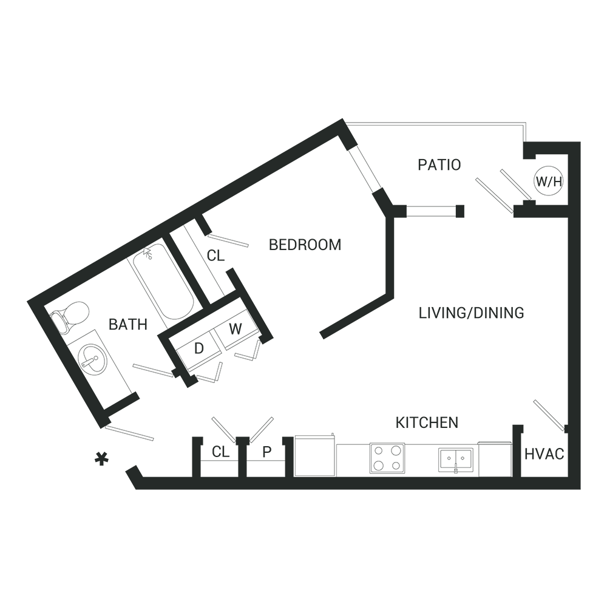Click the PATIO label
(x=439, y=165)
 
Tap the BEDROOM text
(x=305, y=245)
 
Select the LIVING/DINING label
(x=471, y=313)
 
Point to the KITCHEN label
(x=427, y=422)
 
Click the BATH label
(x=127, y=324)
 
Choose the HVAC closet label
(x=544, y=454)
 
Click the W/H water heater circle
(x=549, y=181)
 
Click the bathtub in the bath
(x=163, y=282)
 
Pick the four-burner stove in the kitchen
(x=387, y=458)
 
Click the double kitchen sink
(x=455, y=459)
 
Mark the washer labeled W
(x=236, y=330)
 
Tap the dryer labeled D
(x=199, y=349)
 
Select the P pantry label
(x=266, y=452)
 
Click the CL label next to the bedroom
(x=215, y=256)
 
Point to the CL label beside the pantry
(x=221, y=452)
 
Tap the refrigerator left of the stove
(x=315, y=456)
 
